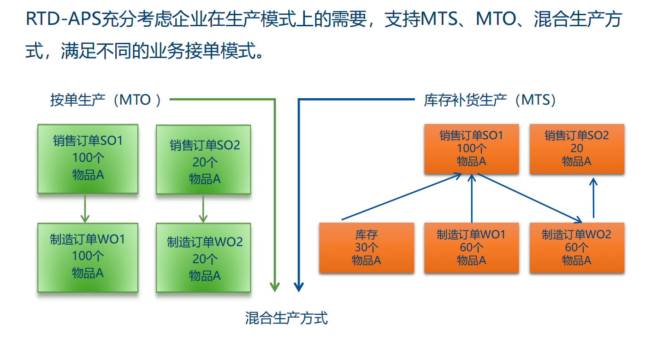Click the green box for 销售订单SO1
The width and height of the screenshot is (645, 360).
(88, 158)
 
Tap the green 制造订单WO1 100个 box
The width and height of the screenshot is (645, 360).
(88, 257)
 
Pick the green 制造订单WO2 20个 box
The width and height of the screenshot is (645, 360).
(203, 258)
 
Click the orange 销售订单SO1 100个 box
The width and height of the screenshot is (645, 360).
(471, 148)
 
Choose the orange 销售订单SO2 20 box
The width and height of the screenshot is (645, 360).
(576, 148)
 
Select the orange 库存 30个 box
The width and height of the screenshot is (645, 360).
(366, 248)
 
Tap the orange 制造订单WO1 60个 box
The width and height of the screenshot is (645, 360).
(471, 248)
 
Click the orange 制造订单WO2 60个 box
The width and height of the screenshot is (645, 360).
(576, 248)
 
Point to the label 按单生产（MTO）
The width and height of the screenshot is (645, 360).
(106, 100)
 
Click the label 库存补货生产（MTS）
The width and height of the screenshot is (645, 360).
(490, 100)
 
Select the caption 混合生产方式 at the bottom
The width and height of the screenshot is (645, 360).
(286, 318)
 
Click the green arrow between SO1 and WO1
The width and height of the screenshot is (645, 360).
(85, 208)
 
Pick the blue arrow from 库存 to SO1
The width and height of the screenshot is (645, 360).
(401, 196)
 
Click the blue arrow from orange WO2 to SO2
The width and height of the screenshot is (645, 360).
(593, 198)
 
